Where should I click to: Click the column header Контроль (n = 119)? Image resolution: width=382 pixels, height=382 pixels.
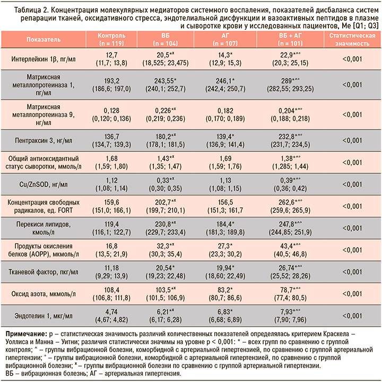pyautogui.click(x=111, y=39)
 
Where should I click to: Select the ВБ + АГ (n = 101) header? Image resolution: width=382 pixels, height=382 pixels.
pyautogui.click(x=290, y=39)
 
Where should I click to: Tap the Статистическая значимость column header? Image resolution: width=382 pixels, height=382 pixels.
pyautogui.click(x=352, y=39)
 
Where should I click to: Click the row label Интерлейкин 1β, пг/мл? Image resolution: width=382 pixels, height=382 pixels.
pyautogui.click(x=44, y=59)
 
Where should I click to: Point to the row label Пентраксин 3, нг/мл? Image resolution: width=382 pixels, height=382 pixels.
pyautogui.click(x=44, y=140)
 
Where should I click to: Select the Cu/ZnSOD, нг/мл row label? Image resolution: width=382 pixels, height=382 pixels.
pyautogui.click(x=44, y=184)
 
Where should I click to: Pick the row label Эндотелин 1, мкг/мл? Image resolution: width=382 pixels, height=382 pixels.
pyautogui.click(x=44, y=316)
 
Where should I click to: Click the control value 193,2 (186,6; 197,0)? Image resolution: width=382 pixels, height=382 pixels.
pyautogui.click(x=111, y=84)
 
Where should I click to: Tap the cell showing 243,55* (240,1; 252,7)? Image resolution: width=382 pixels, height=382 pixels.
pyautogui.click(x=166, y=84)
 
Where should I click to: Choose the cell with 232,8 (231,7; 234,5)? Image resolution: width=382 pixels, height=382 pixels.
pyautogui.click(x=290, y=140)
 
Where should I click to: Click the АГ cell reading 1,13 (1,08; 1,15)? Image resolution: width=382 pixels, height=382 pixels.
pyautogui.click(x=225, y=184)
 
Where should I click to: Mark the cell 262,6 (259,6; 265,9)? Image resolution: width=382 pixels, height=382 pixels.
pyautogui.click(x=290, y=206)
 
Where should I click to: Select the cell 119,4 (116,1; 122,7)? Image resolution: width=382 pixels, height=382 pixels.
pyautogui.click(x=111, y=228)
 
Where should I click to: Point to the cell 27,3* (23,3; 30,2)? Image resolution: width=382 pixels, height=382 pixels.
pyautogui.click(x=225, y=250)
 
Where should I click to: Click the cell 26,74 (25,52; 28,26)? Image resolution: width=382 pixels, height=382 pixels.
pyautogui.click(x=290, y=272)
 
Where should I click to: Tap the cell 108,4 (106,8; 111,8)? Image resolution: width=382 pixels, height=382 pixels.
pyautogui.click(x=111, y=294)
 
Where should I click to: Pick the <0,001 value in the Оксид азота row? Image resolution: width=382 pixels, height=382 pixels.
pyautogui.click(x=352, y=294)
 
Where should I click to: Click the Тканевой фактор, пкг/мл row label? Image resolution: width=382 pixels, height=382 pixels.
pyautogui.click(x=44, y=272)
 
